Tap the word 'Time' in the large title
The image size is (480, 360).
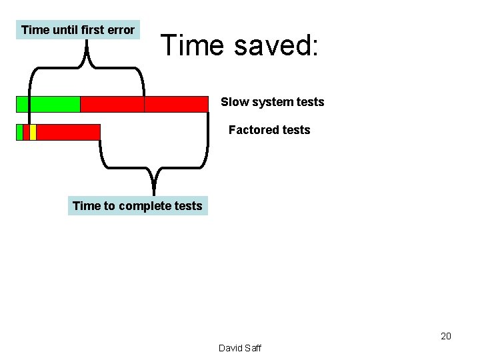click(191, 45)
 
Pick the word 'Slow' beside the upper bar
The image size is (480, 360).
click(235, 102)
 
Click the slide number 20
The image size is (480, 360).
click(446, 336)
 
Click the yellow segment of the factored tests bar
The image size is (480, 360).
click(33, 132)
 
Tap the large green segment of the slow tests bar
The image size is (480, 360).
click(48, 104)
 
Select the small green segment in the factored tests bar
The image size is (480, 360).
click(19, 132)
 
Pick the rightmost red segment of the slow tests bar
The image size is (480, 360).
click(176, 104)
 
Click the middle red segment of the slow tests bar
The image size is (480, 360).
click(112, 104)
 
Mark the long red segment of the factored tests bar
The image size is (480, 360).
click(68, 132)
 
